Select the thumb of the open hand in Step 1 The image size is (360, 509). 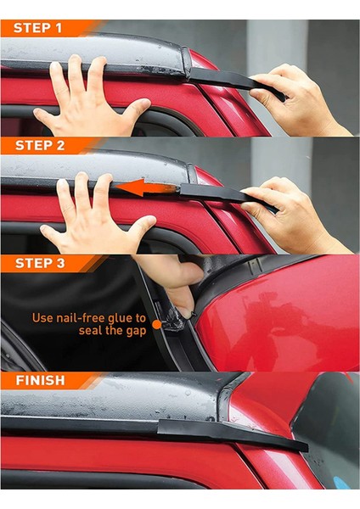pyautogui.click(x=136, y=110)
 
